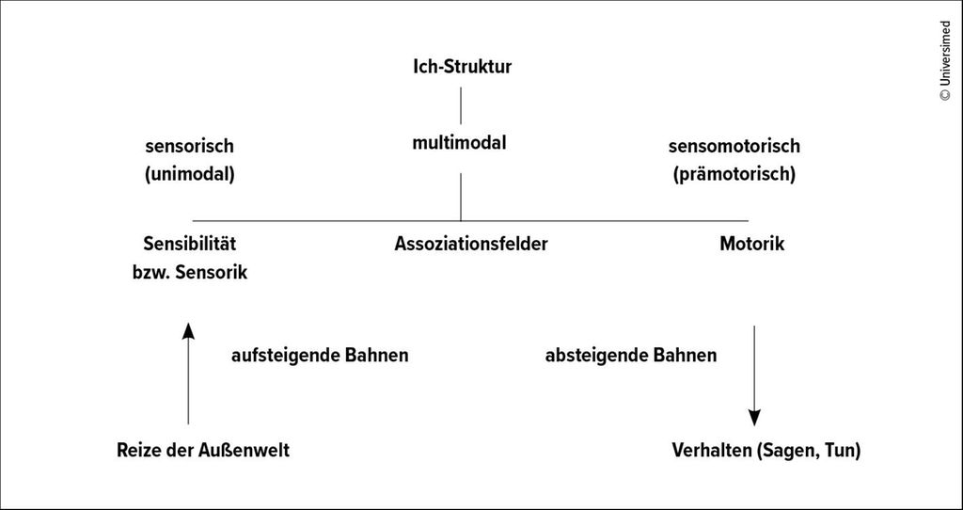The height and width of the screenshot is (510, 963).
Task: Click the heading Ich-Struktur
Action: pyautogui.click(x=462, y=67)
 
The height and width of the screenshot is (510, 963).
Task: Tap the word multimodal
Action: pyautogui.click(x=459, y=143)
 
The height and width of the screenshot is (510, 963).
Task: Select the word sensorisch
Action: pyautogui.click(x=190, y=146)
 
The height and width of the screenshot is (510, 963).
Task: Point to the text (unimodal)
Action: pyautogui.click(x=190, y=174)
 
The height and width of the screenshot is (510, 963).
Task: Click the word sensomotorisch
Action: pyautogui.click(x=734, y=146)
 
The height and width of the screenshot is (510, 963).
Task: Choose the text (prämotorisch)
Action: pyautogui.click(x=734, y=174)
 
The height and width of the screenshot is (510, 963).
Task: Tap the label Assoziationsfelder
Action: pyautogui.click(x=471, y=244)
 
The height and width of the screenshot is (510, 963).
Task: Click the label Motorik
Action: pyautogui.click(x=751, y=244)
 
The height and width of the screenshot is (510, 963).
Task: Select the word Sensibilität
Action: pyautogui.click(x=190, y=244)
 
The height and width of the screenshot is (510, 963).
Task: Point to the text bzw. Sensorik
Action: pyautogui.click(x=190, y=272)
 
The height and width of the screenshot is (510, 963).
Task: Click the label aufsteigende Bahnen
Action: pyautogui.click(x=320, y=356)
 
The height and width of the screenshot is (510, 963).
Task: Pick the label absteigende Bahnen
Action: pyautogui.click(x=631, y=356)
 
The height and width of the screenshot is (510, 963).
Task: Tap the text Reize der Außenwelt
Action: pyautogui.click(x=203, y=451)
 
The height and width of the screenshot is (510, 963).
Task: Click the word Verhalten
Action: pyautogui.click(x=712, y=451)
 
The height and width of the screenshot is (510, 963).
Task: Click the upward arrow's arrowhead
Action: pyautogui.click(x=188, y=330)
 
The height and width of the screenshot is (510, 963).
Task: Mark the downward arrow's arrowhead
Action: pyautogui.click(x=754, y=418)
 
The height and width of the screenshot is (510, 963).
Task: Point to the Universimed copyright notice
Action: pyautogui.click(x=945, y=61)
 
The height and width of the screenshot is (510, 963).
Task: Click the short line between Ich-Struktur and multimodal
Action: pyautogui.click(x=461, y=105)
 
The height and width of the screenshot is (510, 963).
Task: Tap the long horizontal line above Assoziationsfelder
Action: pyautogui.click(x=470, y=220)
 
